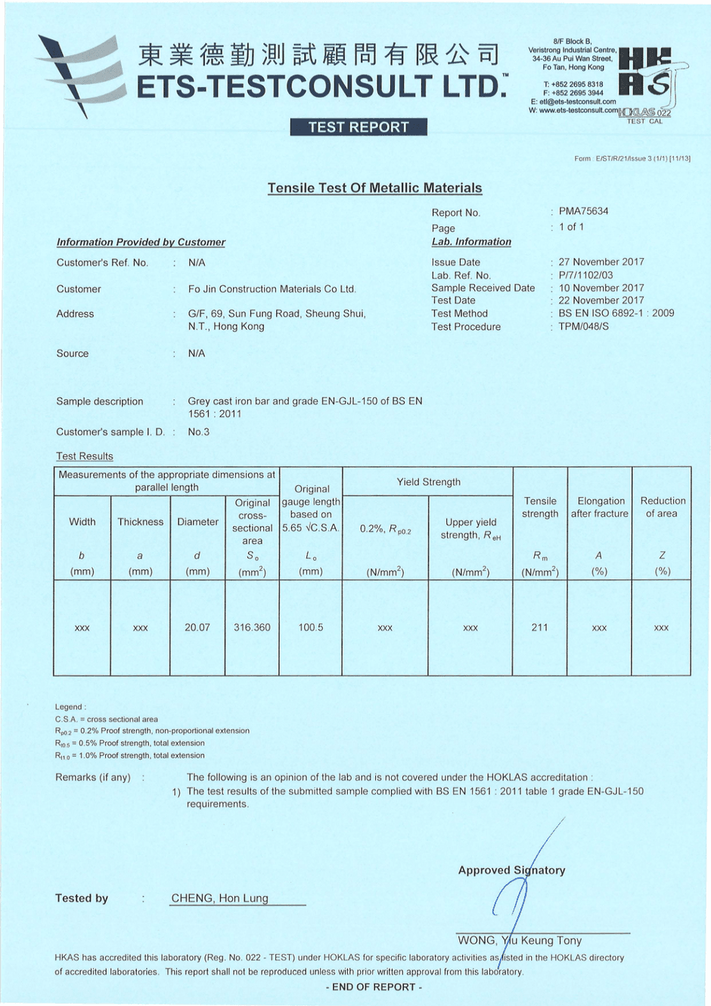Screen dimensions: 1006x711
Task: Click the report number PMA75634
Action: coord(583,211)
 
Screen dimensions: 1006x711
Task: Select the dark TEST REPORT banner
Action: coord(359,127)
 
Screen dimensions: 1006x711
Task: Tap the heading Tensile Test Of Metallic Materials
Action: coord(374,188)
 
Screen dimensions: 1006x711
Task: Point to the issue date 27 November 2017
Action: coord(601,262)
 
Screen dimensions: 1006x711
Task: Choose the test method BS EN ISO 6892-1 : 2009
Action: coord(616,313)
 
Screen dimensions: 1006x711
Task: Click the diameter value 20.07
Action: coord(197,628)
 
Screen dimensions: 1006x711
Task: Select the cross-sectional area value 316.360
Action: coord(252,628)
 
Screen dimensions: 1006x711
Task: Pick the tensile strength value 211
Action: coord(539,628)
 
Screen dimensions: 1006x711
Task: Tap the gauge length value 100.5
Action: coord(311,628)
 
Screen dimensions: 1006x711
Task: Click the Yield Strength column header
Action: coord(428,482)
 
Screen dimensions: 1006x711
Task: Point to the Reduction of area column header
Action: coord(663,507)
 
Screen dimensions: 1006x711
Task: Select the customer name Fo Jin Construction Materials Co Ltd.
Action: coord(272,289)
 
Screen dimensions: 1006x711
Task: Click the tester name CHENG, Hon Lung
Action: coord(220,899)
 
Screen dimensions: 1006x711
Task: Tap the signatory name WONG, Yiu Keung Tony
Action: coord(520,941)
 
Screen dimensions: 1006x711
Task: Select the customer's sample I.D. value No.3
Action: coord(199,432)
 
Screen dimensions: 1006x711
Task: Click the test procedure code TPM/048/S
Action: coord(583,326)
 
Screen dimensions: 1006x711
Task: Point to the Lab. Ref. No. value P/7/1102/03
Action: coord(585,276)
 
